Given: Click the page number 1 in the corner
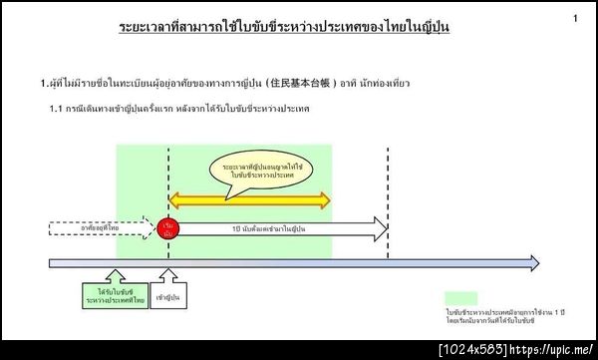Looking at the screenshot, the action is pyautogui.click(x=575, y=19).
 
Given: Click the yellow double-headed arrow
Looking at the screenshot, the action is pyautogui.click(x=249, y=201).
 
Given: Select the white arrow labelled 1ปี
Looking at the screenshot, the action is pyautogui.click(x=279, y=229).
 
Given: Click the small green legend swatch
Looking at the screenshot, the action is pyautogui.click(x=461, y=298).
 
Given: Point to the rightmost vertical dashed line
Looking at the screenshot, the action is pyautogui.click(x=388, y=199).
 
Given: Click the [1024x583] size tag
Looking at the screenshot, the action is pyautogui.click(x=472, y=350).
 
